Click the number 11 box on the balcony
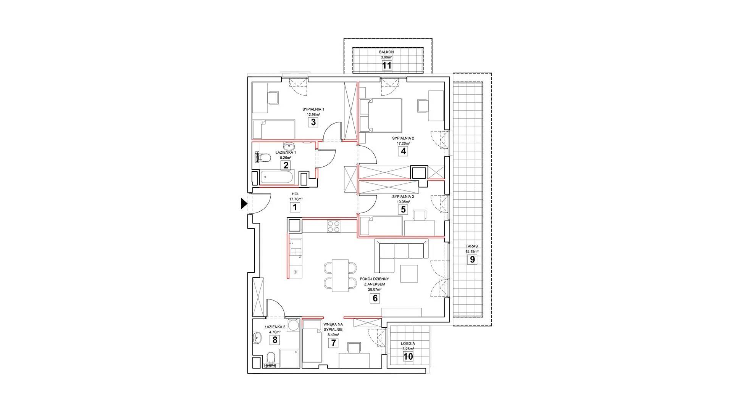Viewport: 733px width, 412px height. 387,65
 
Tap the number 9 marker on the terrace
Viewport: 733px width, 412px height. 472,259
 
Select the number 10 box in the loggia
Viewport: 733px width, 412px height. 408,356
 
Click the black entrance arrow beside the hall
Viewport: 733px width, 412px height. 244,204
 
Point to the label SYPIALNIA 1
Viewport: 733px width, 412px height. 313,109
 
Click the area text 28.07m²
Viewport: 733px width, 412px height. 375,290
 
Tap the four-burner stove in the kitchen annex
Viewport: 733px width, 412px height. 334,226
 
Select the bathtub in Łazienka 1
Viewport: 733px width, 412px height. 277,177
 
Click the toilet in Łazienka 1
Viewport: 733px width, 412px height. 263,157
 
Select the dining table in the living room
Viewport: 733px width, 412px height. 341,275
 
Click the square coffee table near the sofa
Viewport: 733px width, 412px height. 410,274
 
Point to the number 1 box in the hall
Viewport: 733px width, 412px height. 294,207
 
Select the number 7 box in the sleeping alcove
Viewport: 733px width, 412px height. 333,343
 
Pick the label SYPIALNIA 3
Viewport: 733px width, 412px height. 403,196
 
